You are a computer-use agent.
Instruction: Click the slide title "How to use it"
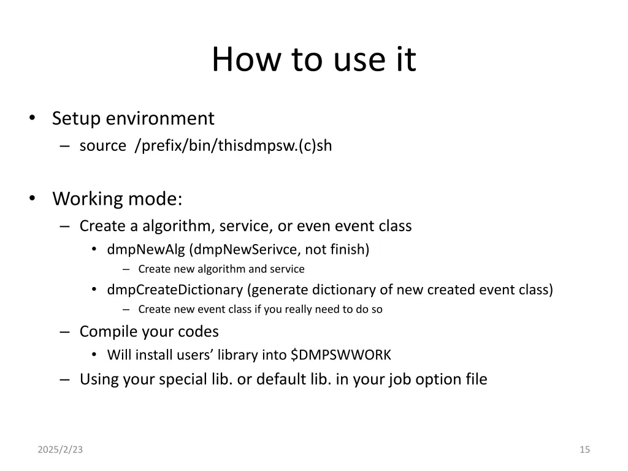point(313,60)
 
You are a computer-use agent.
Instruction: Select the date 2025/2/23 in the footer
point(59,450)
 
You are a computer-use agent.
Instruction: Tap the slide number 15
point(584,450)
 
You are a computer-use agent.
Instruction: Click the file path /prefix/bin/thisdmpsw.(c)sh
point(234,146)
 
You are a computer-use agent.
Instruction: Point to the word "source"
point(102,146)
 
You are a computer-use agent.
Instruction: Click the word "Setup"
point(77,118)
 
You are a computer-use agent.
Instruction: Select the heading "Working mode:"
point(117,199)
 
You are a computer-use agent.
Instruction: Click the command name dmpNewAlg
point(147,250)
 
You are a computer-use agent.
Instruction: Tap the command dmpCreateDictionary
point(175,289)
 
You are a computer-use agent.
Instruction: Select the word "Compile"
point(108,332)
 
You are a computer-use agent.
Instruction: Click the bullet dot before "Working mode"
point(31,199)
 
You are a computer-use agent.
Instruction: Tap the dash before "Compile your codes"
point(65,332)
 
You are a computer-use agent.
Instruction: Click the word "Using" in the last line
point(99,380)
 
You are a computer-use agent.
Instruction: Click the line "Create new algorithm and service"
point(221,269)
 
